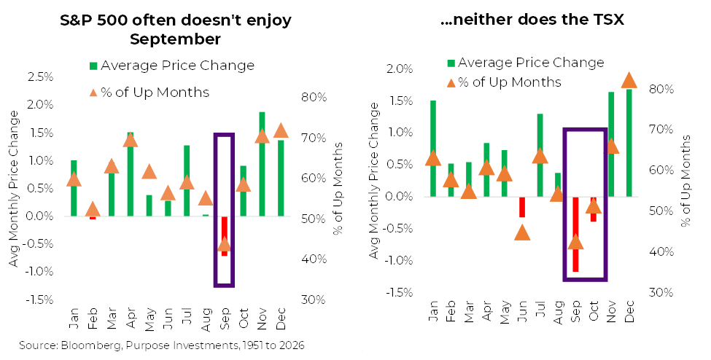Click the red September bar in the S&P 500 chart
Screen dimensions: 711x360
[x=224, y=236]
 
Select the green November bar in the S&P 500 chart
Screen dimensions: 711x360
[x=262, y=164]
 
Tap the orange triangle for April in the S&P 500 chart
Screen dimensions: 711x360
[x=130, y=140]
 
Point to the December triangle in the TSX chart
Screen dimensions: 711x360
[x=629, y=80]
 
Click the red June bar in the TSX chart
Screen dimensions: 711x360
[x=522, y=207]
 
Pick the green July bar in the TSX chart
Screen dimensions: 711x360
[x=540, y=155]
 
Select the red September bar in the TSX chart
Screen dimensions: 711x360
[x=575, y=235]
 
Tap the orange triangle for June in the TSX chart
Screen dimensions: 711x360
[x=522, y=232]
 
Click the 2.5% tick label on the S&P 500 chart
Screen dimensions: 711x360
[x=40, y=77]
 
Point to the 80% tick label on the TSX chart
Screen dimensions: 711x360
[x=661, y=89]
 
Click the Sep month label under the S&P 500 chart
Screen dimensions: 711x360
[x=225, y=318]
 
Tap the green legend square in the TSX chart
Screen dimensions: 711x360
[x=451, y=63]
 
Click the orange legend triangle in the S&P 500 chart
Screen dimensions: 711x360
[x=93, y=93]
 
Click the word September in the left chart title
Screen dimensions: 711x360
[x=175, y=39]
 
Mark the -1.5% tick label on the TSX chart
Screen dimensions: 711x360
[x=400, y=292]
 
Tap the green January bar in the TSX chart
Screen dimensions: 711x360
[x=433, y=148]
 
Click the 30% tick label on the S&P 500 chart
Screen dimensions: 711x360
[x=314, y=300]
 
